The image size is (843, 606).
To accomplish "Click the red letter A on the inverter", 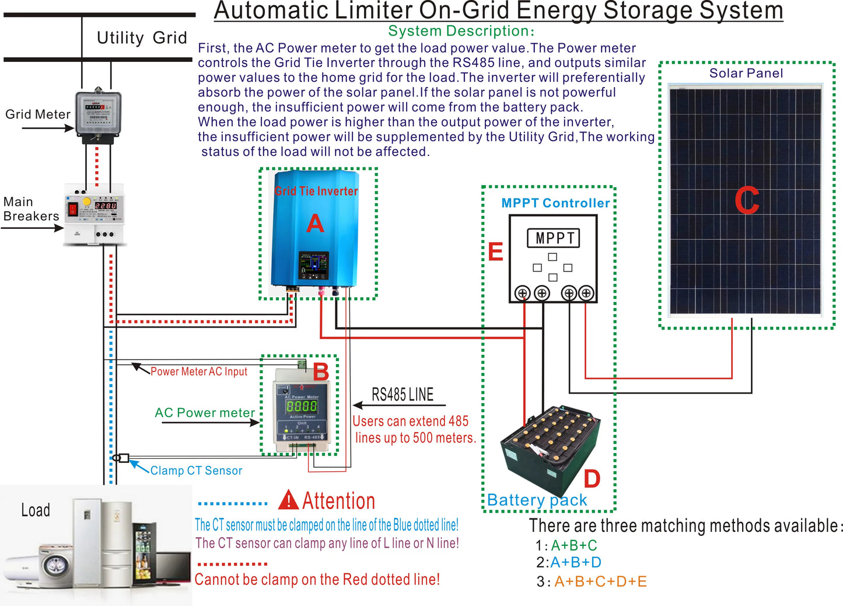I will pyautogui.click(x=315, y=224).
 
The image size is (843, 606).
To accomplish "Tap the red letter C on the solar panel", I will pyautogui.click(x=746, y=201).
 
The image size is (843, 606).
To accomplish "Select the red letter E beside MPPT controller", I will pyautogui.click(x=495, y=252).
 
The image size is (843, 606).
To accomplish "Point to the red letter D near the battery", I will pyautogui.click(x=592, y=479).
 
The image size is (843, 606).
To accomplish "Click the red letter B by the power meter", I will pyautogui.click(x=321, y=372).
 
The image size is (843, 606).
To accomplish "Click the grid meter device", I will pyautogui.click(x=98, y=115).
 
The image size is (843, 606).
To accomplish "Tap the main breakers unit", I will pyautogui.click(x=95, y=213).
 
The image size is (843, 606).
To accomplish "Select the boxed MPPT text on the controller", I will pyautogui.click(x=553, y=238).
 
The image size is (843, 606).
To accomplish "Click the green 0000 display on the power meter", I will pyautogui.click(x=302, y=406).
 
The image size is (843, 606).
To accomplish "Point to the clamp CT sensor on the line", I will pyautogui.click(x=121, y=458).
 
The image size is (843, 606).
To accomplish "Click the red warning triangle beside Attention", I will pyautogui.click(x=289, y=500).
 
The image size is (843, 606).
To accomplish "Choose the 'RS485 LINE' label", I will pyautogui.click(x=403, y=395).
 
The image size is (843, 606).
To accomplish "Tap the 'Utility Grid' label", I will pyautogui.click(x=142, y=38).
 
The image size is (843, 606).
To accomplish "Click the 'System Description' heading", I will pyautogui.click(x=461, y=31).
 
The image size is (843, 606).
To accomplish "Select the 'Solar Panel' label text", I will pyautogui.click(x=746, y=73).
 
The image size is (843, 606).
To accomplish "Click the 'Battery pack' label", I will pyautogui.click(x=537, y=500).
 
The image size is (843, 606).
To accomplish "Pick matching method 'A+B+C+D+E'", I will pyautogui.click(x=600, y=581).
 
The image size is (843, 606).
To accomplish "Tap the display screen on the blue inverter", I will pyautogui.click(x=314, y=266).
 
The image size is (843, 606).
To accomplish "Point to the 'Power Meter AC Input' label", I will pyautogui.click(x=199, y=371).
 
